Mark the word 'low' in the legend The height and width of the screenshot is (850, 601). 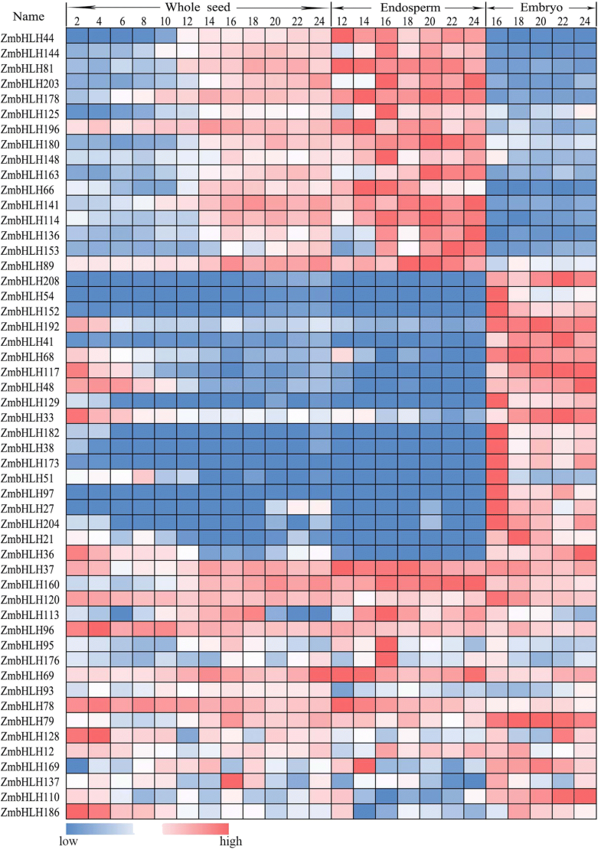[x=69, y=842]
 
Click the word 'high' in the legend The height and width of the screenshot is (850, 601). [x=230, y=842]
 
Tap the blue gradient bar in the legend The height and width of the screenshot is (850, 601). [x=100, y=829]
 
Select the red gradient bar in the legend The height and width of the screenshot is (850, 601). [x=196, y=829]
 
